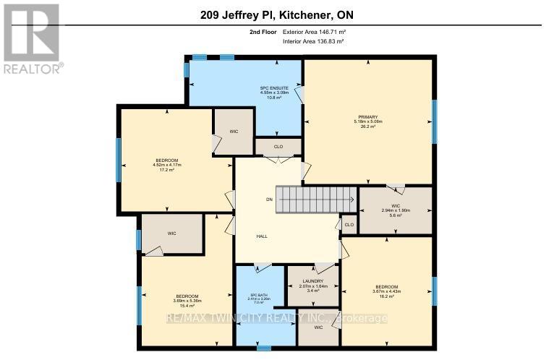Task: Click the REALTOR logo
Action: coord(32,38)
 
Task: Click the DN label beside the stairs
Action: coord(269,199)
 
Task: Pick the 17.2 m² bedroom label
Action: coord(166,165)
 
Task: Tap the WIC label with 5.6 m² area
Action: coord(396,210)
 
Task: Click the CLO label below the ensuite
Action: coord(278,147)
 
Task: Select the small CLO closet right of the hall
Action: coord(349,225)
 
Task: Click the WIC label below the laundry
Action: coord(318,327)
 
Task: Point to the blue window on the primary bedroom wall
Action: coord(434,121)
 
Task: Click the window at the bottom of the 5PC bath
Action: coord(264,348)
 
